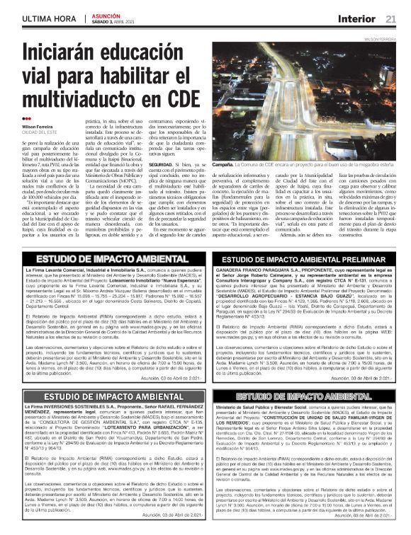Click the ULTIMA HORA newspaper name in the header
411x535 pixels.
click(47, 18)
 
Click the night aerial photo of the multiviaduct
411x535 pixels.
click(304, 99)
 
